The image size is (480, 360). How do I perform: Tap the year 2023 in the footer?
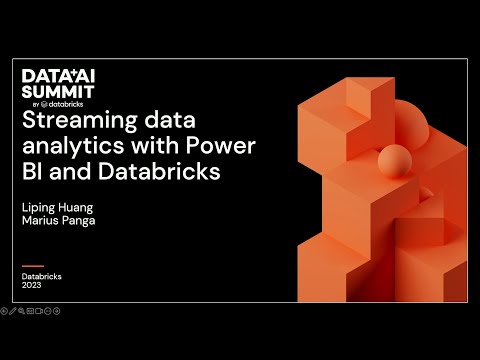click(32, 284)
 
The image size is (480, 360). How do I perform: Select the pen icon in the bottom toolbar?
click(12, 311)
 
